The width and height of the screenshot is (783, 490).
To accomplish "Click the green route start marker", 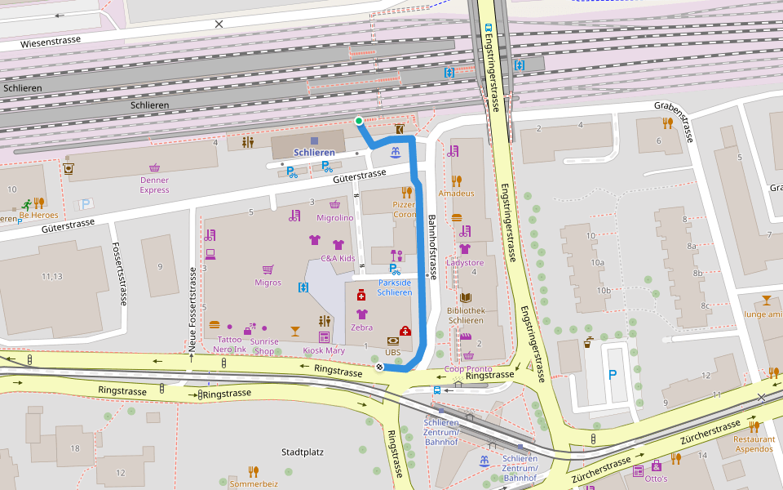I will click(359, 122).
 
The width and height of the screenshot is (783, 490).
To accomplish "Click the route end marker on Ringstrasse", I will click(379, 367).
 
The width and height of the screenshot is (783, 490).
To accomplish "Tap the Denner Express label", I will click(154, 185).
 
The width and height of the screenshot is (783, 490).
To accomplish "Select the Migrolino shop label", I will click(334, 218).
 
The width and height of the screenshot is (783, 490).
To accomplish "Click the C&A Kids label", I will click(338, 258).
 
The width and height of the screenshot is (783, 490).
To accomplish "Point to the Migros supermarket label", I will click(268, 283).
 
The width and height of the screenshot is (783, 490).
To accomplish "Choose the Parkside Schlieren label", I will click(395, 287).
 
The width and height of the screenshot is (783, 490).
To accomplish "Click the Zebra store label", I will click(361, 327).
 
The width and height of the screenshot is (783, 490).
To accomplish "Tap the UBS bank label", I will click(393, 352).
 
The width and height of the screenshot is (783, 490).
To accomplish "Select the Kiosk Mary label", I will click(324, 350).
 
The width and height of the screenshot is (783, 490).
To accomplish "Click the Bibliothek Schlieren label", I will click(467, 315).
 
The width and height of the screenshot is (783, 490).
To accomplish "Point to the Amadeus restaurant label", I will click(456, 194).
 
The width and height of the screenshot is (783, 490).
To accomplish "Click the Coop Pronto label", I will click(467, 368).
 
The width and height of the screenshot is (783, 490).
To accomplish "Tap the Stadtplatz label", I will click(303, 452).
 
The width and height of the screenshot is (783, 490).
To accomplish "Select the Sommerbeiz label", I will click(254, 483).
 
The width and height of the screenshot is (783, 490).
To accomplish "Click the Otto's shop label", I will click(657, 479).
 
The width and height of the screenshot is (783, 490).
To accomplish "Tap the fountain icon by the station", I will click(396, 152).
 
